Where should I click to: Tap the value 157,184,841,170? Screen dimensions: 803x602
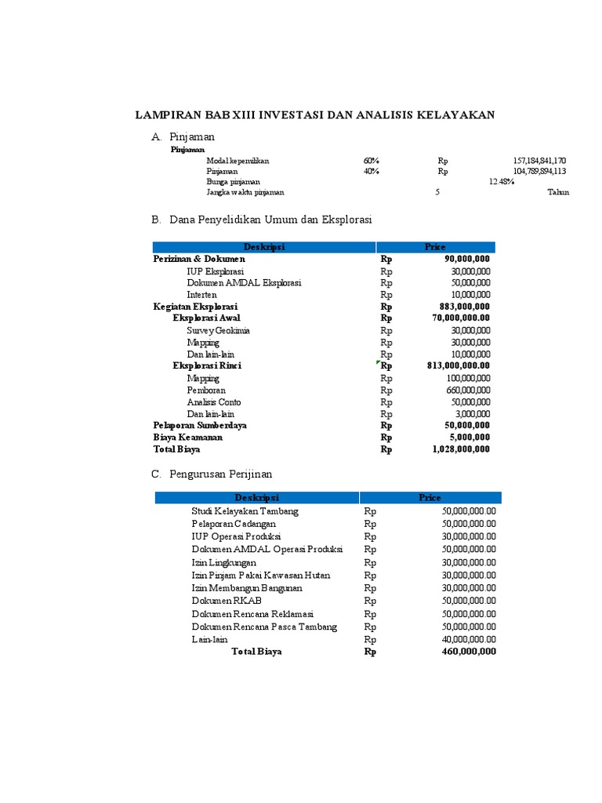[x=539, y=160]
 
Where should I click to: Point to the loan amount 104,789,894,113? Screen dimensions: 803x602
[x=539, y=171]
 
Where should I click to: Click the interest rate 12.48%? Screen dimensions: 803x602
[x=502, y=181]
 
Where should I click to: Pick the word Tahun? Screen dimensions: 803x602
[x=558, y=192]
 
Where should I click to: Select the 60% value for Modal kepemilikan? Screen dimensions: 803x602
[x=372, y=160]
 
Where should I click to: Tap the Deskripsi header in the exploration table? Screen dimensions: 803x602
[x=264, y=247]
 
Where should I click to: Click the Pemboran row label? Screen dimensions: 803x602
[x=206, y=390]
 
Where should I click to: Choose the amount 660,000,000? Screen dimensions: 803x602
[x=469, y=390]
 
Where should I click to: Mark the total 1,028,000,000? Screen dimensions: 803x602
[x=461, y=449]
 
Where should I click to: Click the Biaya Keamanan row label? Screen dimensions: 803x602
[x=188, y=438]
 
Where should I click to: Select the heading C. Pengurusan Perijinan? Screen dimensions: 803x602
[x=212, y=474]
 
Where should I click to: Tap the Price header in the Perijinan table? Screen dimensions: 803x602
[x=430, y=497]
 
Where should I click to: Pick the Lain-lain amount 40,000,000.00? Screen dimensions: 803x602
[x=469, y=639]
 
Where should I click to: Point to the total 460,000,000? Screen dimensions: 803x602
[x=469, y=652]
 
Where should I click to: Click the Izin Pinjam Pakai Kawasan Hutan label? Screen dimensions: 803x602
[x=261, y=575]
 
